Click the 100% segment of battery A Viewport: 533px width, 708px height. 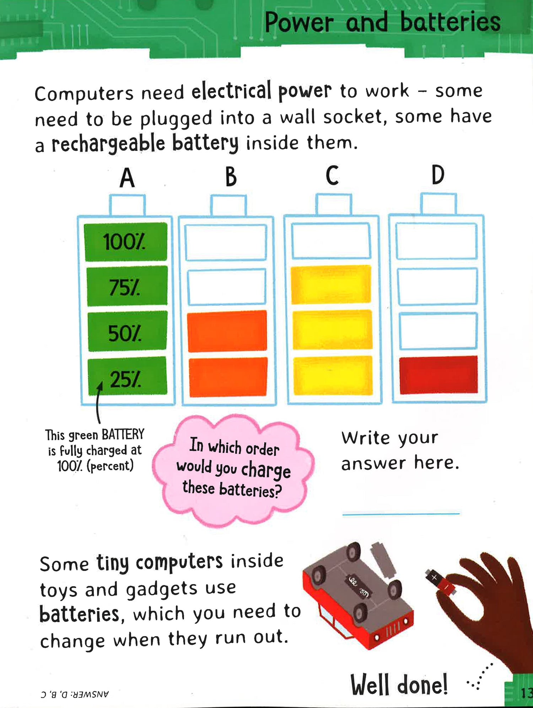(x=125, y=242)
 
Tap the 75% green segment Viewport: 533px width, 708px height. (x=127, y=286)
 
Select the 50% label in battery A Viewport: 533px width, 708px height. (x=124, y=334)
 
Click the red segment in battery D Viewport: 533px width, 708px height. (x=438, y=375)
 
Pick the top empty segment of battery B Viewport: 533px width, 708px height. (x=226, y=243)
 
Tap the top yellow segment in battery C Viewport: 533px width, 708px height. (x=331, y=285)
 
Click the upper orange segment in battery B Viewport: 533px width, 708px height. (x=227, y=331)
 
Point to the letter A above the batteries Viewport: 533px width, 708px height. (x=127, y=178)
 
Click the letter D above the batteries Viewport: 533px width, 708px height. (x=438, y=175)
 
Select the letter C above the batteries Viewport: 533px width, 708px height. (x=332, y=175)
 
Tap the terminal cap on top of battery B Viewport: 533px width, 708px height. (x=228, y=205)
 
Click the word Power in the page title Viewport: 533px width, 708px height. (x=299, y=23)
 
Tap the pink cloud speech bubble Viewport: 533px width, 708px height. (x=233, y=469)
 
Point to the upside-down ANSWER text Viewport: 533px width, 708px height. (x=75, y=694)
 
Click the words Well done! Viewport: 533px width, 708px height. (x=399, y=685)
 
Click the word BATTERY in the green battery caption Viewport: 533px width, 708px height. (x=123, y=434)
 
